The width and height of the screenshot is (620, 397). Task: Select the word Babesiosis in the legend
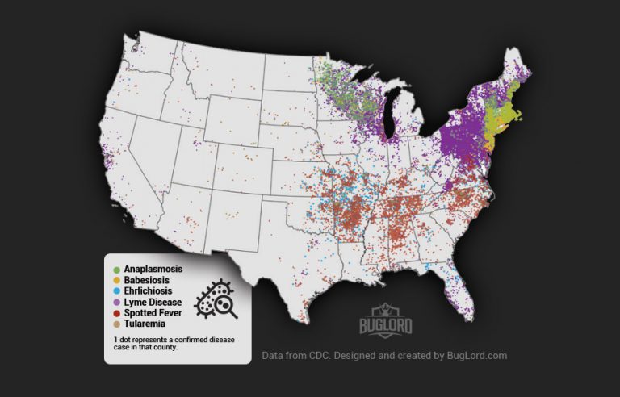tap(151, 279)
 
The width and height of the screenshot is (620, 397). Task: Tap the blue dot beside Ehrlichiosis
tap(118, 290)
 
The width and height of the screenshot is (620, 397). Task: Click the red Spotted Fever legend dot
tap(118, 312)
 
